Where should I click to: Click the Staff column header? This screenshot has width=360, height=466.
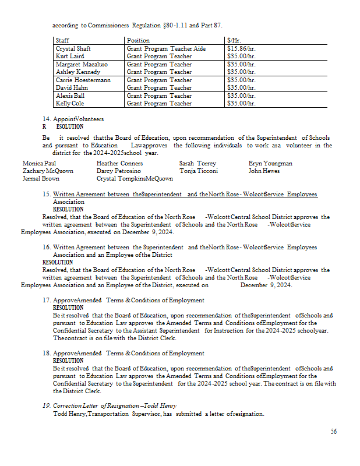[x=62, y=40]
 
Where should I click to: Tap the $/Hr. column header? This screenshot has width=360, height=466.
[x=234, y=40]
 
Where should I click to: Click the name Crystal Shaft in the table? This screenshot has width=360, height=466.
[x=73, y=48]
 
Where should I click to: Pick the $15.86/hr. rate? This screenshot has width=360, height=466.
[x=241, y=48]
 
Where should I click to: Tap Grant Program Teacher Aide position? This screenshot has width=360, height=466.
[x=166, y=48]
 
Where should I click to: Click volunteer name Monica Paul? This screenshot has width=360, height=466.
[x=40, y=164]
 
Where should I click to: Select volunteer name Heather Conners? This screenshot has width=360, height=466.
[x=119, y=164]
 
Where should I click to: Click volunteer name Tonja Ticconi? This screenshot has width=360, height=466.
[x=199, y=171]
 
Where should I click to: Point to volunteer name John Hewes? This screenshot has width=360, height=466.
[x=264, y=171]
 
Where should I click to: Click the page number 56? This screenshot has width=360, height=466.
[x=334, y=432]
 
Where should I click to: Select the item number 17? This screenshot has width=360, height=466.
[x=47, y=301]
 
